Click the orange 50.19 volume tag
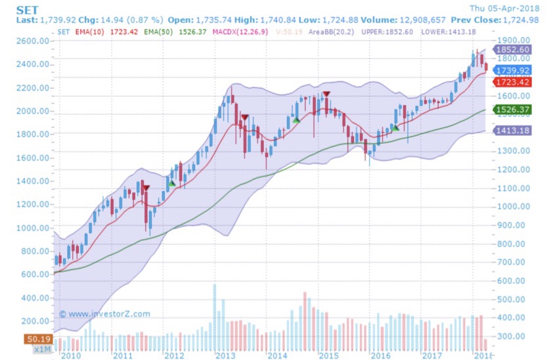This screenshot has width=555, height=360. click(x=39, y=340)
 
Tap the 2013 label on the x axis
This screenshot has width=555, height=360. click(x=226, y=355)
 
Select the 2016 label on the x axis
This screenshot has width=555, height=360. click(x=381, y=355)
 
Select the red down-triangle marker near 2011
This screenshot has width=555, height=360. click(x=146, y=189)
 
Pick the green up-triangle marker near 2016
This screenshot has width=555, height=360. click(x=395, y=127)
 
